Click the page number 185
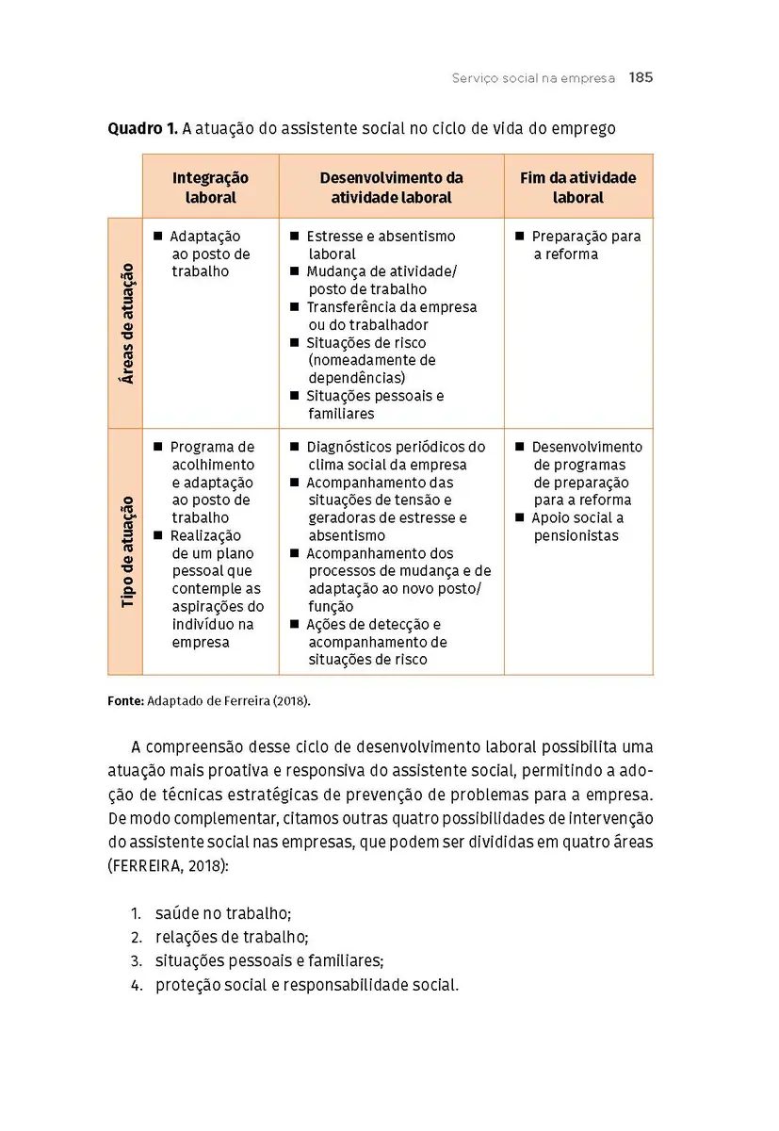[641, 77]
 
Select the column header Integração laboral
[210, 188]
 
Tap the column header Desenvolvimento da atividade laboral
[391, 188]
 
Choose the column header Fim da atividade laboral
[577, 188]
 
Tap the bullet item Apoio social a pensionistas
[576, 527]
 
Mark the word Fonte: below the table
[125, 701]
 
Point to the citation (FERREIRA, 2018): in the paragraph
[168, 864]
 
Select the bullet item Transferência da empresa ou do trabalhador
[391, 316]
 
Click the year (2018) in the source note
[291, 701]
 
